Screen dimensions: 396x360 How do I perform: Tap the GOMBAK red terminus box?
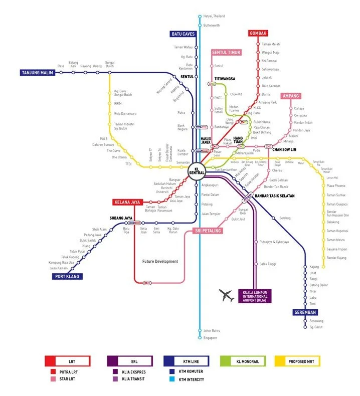(258, 34)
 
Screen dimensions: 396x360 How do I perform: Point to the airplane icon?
(227, 296)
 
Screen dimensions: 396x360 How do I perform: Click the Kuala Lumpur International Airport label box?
(255, 296)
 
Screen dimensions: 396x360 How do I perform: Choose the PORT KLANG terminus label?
(67, 276)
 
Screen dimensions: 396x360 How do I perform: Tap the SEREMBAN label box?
(305, 312)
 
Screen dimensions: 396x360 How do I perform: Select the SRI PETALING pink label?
(207, 231)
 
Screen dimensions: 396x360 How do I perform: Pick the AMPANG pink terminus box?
(291, 96)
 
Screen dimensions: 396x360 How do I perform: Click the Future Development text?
(160, 261)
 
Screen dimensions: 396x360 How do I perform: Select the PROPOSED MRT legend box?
(297, 361)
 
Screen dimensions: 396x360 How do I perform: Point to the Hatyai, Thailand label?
(214, 17)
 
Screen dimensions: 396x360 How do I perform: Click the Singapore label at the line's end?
(210, 338)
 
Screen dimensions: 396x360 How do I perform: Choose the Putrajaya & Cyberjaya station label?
(274, 242)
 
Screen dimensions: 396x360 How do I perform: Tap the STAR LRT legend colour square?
(53, 379)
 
